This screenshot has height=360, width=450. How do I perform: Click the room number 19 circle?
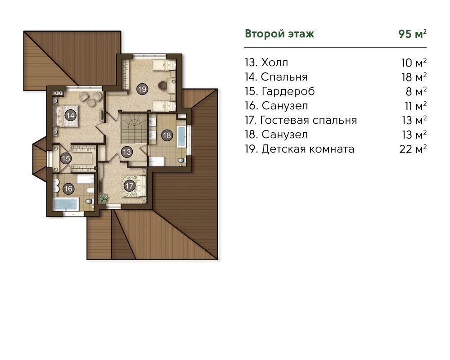pyautogui.click(x=142, y=89)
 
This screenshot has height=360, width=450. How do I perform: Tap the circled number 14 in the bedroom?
pyautogui.click(x=70, y=115)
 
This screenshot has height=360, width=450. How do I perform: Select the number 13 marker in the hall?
pyautogui.click(x=127, y=152)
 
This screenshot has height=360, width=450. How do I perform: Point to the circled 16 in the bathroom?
pyautogui.click(x=68, y=189)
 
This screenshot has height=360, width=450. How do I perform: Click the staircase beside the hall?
pyautogui.click(x=134, y=128)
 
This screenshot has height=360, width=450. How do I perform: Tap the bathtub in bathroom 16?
pyautogui.click(x=66, y=204)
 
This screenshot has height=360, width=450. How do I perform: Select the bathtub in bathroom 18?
pyautogui.click(x=181, y=136)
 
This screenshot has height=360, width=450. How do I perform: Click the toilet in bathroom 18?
pyautogui.click(x=181, y=161)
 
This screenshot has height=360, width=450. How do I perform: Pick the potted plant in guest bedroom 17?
pyautogui.click(x=103, y=198)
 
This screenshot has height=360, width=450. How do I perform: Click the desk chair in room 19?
pyautogui.click(x=162, y=85)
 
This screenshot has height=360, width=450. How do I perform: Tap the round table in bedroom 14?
pyautogui.click(x=92, y=103)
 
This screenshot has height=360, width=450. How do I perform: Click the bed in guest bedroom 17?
pyautogui.click(x=135, y=186)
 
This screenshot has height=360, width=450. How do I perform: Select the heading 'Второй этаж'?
pyautogui.click(x=279, y=34)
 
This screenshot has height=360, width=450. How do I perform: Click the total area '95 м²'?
pyautogui.click(x=412, y=34)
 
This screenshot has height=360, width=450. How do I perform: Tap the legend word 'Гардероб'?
pyautogui.click(x=288, y=91)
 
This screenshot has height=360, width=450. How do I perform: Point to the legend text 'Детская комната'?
pyautogui.click(x=308, y=149)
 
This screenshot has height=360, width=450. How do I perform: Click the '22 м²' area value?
pyautogui.click(x=413, y=149)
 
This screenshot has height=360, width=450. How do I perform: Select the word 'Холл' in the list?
pyautogui.click(x=274, y=62)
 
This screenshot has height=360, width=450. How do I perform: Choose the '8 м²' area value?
pyautogui.click(x=416, y=91)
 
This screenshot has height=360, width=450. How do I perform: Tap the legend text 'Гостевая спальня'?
pyautogui.click(x=309, y=120)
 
